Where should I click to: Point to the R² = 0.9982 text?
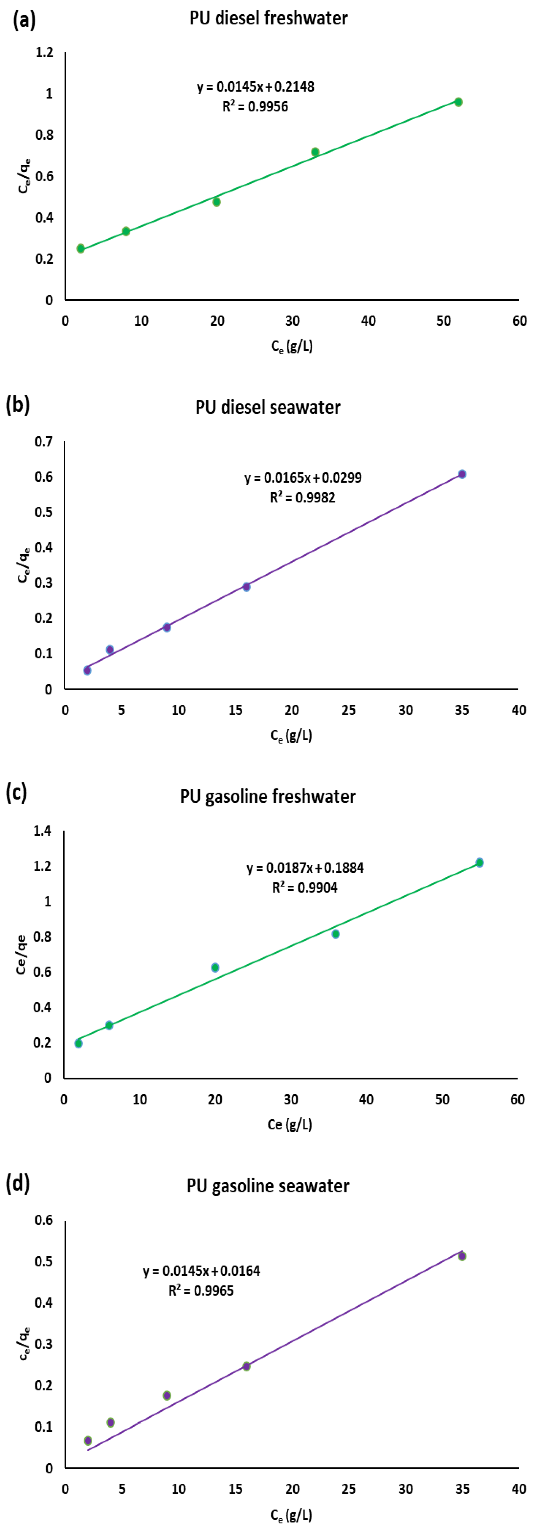(x=302, y=497)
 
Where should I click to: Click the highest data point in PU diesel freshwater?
(x=458, y=102)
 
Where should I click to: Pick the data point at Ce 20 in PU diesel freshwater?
(x=216, y=202)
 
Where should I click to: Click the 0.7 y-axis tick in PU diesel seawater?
(x=43, y=441)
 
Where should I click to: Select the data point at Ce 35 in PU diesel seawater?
(x=462, y=474)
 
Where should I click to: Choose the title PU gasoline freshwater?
(x=268, y=796)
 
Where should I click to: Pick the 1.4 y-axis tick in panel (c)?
(x=43, y=831)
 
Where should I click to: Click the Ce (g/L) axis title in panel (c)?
(x=290, y=1124)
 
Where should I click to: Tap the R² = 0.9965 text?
(x=201, y=1291)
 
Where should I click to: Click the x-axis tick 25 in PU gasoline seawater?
(x=348, y=1489)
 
